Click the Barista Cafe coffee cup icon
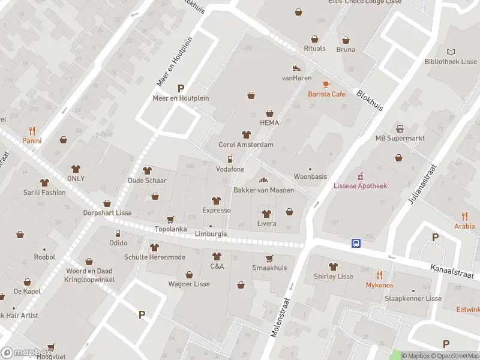pos(326,84)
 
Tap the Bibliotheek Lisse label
pos(450,62)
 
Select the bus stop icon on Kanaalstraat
pos(356,243)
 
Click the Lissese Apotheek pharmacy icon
pos(360,176)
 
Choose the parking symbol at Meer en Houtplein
pos(181,88)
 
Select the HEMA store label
pos(269,122)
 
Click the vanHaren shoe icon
pos(296,68)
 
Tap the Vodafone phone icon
pos(230,160)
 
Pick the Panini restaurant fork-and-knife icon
pos(32,131)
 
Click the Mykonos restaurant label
pos(379,285)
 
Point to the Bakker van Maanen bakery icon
pos(263,180)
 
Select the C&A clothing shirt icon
pos(217,256)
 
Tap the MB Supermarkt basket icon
pos(400,128)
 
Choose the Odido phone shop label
pos(118,242)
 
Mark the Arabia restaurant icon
pos(464,216)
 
